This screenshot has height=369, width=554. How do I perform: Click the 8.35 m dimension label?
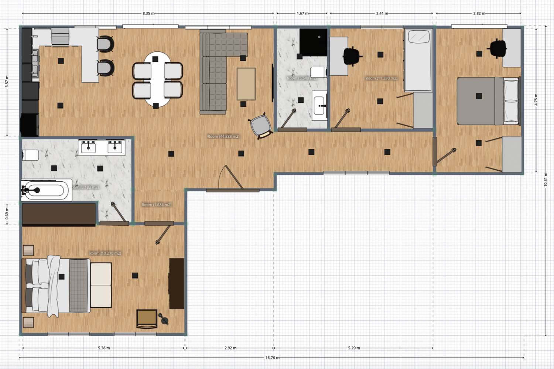[x=148, y=13]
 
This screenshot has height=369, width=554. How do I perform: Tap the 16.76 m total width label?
[x=272, y=358]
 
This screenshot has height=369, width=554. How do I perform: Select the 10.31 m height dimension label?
[x=546, y=179]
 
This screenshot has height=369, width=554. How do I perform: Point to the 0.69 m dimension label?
[x=7, y=214]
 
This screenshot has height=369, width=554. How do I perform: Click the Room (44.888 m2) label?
[x=223, y=137]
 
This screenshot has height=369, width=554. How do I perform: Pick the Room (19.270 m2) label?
[x=105, y=253]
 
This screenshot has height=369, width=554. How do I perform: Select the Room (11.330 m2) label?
[x=381, y=78]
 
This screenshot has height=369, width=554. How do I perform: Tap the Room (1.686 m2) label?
[x=157, y=205]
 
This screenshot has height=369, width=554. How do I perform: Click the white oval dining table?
[x=157, y=79]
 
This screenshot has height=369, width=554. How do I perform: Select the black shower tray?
[x=313, y=42]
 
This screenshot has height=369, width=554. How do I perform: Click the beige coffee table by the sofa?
[x=246, y=84]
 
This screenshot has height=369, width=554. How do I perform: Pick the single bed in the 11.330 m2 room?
[x=418, y=61]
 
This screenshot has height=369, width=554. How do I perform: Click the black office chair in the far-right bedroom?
[x=497, y=48]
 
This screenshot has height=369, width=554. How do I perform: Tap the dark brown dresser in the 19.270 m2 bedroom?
[x=177, y=283]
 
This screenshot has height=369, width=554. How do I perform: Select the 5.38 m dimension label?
[x=104, y=348]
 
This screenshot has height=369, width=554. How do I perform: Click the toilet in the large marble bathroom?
[x=30, y=155]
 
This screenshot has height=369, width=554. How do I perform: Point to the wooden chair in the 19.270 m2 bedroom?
[x=147, y=319]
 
